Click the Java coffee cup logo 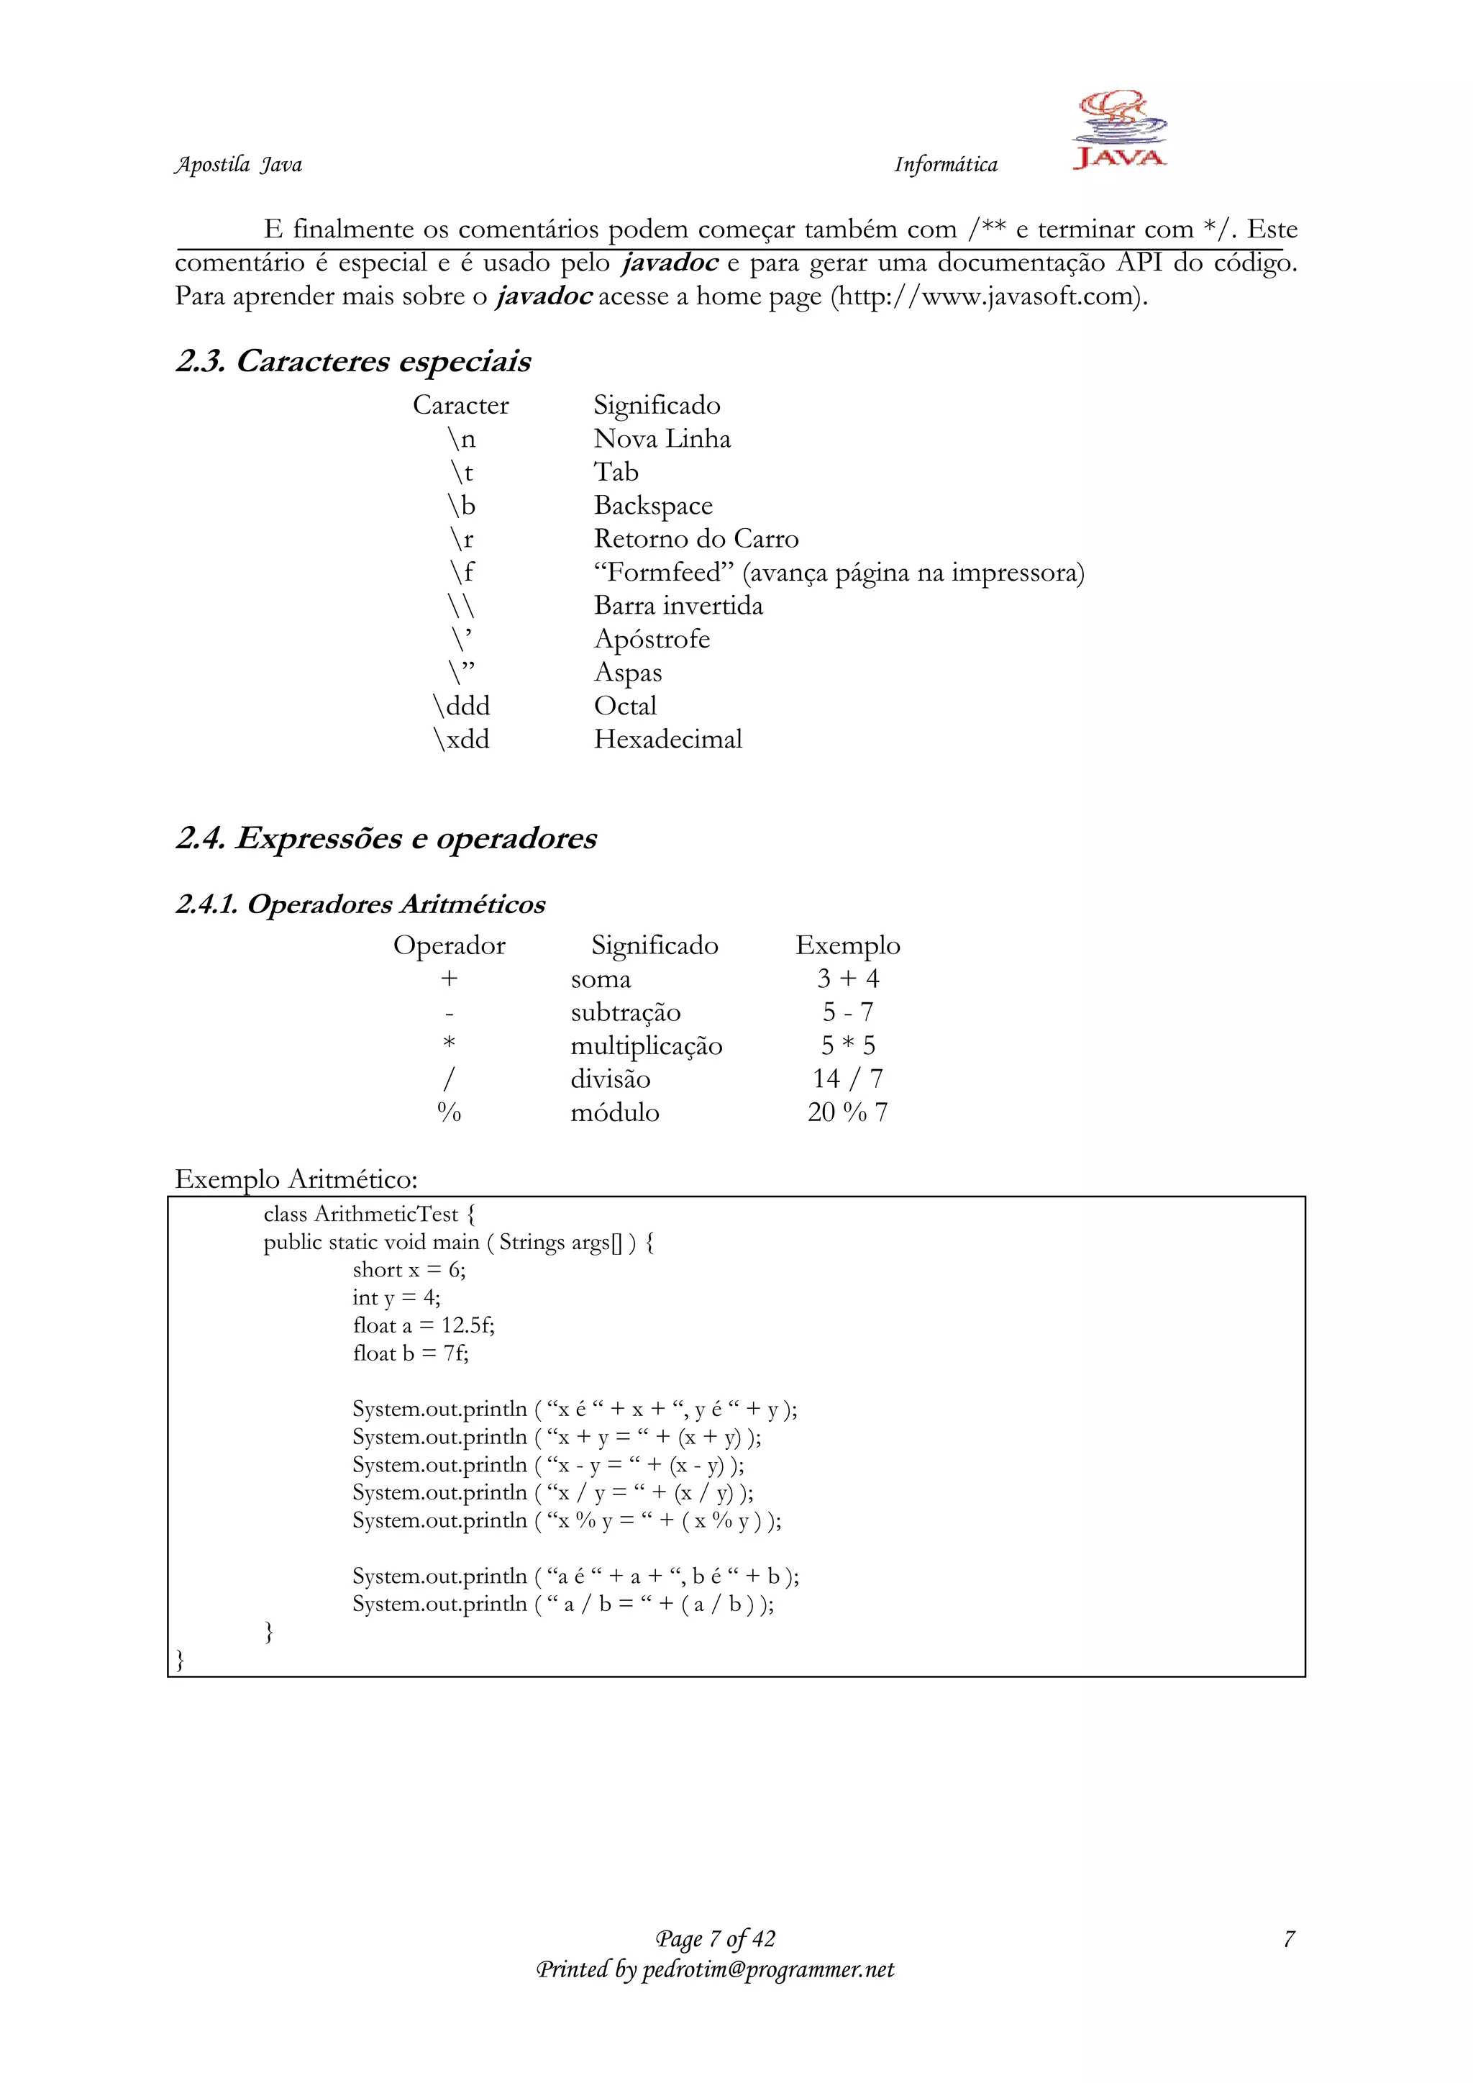(x=1119, y=129)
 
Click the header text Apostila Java (x=237, y=165)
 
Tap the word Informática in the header (x=945, y=165)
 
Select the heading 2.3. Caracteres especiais (x=353, y=361)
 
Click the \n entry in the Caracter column (x=461, y=439)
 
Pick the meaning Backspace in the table (x=653, y=505)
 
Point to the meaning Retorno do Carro (x=696, y=539)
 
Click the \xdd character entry (x=461, y=740)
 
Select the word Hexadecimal (x=667, y=740)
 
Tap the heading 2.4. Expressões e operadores (x=386, y=838)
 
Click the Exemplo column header (x=847, y=945)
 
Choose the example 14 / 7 (x=847, y=1079)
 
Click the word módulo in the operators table (x=614, y=1112)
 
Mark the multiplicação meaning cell (x=646, y=1046)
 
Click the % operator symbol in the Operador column (x=449, y=1112)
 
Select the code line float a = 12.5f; (x=424, y=1325)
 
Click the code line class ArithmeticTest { (x=369, y=1214)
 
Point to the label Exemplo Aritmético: (x=296, y=1179)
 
